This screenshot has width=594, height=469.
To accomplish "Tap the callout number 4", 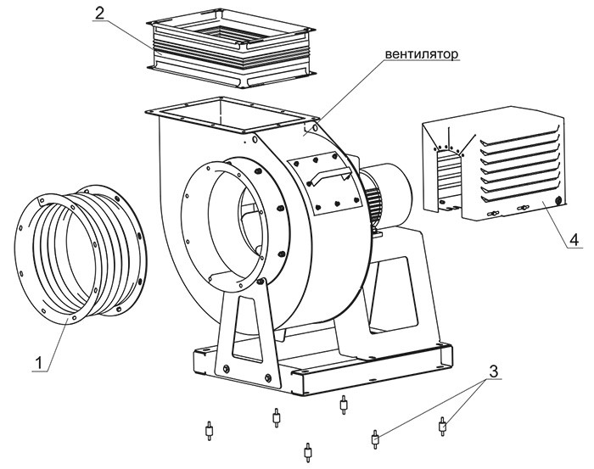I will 574,241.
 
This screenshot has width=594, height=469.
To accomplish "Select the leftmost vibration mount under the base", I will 207,432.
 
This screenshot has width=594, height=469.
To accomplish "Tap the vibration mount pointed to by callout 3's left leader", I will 374,438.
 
